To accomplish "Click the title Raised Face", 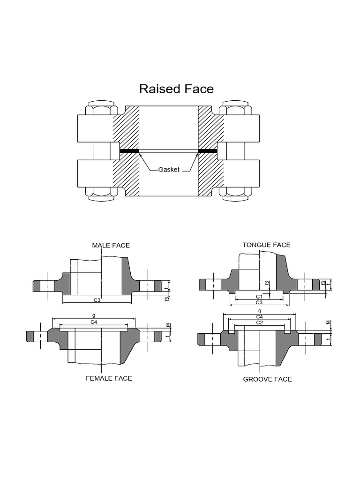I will [176, 89].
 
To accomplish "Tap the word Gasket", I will [168, 169].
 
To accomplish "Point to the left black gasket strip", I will [129, 151].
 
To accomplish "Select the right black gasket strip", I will [208, 151].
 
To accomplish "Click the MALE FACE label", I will [111, 245].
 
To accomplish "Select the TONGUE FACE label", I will [266, 245].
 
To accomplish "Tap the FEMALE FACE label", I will [109, 378].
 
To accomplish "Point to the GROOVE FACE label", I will [267, 379].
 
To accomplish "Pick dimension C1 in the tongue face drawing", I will [259, 296].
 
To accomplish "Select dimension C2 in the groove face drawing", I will [259, 322].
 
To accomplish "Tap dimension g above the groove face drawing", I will [259, 311].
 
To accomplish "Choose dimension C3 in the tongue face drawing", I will [259, 303].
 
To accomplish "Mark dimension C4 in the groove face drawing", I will [259, 317].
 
